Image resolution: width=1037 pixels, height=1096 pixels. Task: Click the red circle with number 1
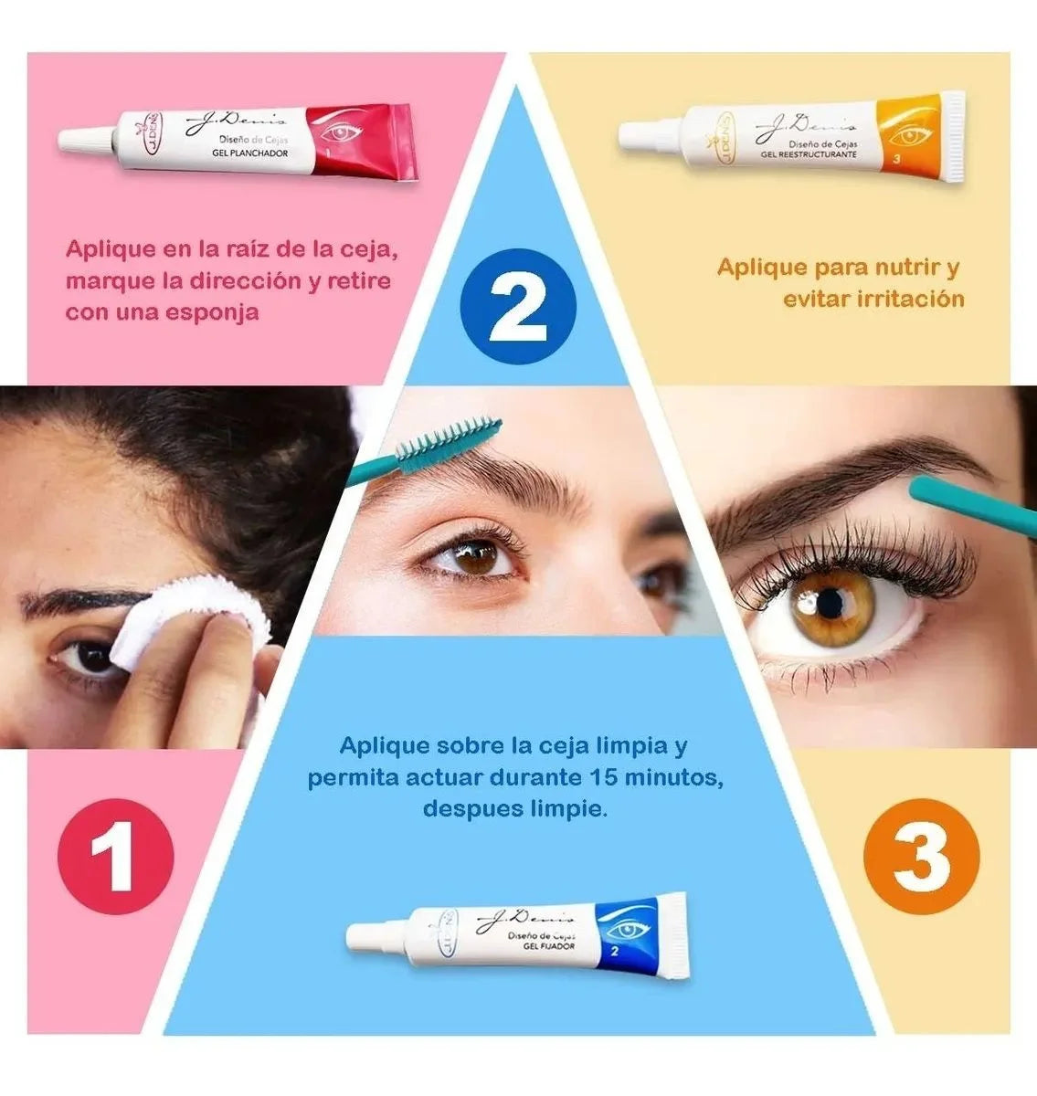click(115, 857)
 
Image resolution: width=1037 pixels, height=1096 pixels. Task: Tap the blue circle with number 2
click(517, 305)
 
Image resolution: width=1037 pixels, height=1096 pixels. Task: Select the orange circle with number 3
click(921, 857)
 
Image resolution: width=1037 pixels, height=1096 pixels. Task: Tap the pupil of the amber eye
click(830, 602)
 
